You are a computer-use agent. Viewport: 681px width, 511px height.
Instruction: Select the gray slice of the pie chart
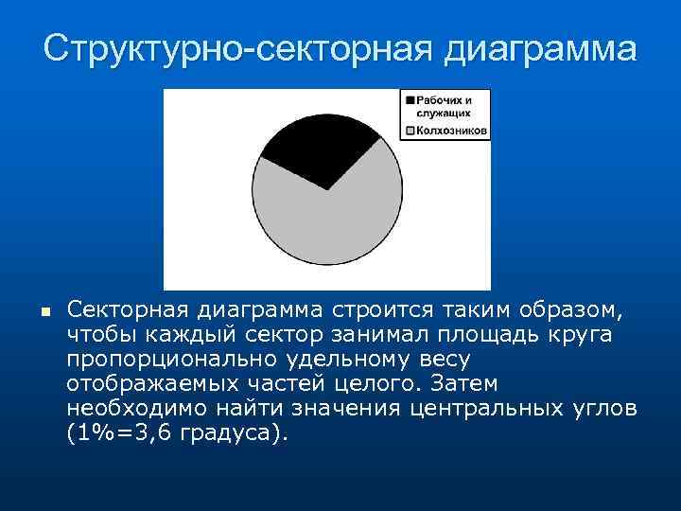(331, 222)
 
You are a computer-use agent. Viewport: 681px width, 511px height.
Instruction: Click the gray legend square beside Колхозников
(409, 132)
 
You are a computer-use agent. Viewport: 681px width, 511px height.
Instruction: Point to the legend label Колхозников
(450, 132)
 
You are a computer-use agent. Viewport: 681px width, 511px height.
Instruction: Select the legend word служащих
(444, 112)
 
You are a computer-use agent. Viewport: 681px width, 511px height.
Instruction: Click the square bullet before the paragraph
(44, 310)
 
